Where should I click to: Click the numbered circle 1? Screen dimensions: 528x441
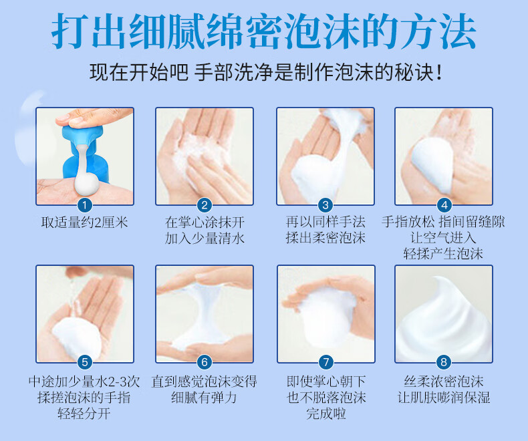coord(84,204)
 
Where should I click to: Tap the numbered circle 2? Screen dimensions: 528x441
coord(204,204)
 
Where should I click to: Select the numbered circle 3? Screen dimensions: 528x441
coord(325,204)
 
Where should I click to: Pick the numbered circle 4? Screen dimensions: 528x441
coord(444,204)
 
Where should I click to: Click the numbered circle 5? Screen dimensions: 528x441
coord(84,362)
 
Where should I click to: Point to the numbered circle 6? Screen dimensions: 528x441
coord(204,362)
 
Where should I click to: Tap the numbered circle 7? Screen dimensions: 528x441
coord(325,362)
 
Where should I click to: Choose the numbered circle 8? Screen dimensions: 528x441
coord(444,362)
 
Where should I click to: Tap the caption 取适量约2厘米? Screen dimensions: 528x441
coord(84,223)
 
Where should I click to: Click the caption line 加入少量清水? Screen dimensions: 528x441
coord(205,239)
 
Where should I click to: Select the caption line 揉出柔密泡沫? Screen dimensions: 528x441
coord(325,238)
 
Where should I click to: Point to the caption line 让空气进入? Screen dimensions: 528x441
coord(443,238)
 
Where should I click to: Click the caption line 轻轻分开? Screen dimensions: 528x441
coord(84,414)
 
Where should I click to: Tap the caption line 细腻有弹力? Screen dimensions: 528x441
coord(204,398)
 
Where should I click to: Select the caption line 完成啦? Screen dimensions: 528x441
coord(326,414)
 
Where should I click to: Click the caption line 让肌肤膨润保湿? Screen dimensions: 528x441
coord(444,398)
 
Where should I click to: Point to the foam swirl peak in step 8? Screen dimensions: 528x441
coord(436,279)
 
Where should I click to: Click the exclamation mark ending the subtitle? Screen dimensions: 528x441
coord(438,73)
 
